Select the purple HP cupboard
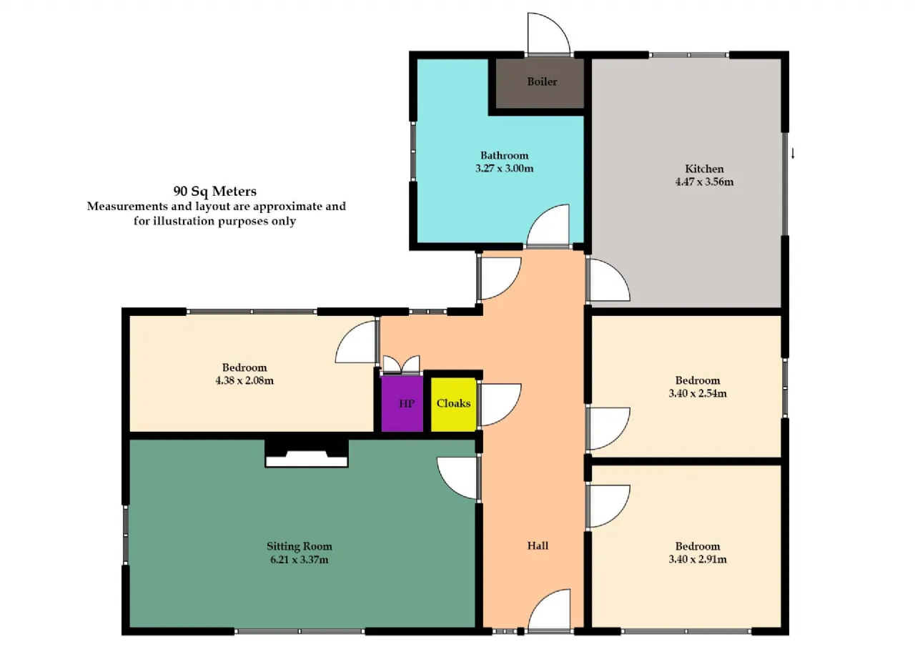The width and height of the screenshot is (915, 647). point(402,403)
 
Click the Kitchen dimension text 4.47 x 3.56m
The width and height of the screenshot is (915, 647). point(704,182)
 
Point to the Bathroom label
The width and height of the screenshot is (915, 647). point(504,155)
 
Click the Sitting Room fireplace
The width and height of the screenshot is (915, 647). point(307,453)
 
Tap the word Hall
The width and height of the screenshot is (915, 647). point(538,545)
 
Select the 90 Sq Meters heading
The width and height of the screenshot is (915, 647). point(215,191)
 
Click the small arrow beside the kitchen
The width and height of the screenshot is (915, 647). point(793,153)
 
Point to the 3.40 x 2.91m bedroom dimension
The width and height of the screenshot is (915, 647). point(698,559)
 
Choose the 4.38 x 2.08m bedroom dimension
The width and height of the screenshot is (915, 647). point(244,380)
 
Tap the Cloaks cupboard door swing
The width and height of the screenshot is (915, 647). point(500,405)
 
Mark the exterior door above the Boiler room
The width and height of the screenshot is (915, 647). point(548,34)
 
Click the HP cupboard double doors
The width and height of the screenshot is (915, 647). point(401,365)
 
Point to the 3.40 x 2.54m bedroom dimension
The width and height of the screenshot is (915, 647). point(698,393)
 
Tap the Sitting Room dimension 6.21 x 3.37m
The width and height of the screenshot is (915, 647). point(300,560)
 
